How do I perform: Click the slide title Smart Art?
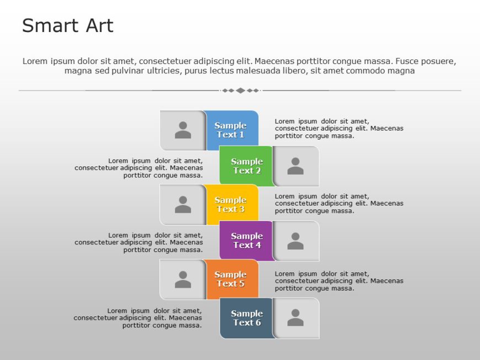click(x=67, y=26)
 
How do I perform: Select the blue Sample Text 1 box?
click(x=231, y=130)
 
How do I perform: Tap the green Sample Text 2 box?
click(x=246, y=166)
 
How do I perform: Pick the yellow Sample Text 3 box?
click(x=231, y=205)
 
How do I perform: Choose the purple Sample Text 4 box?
click(x=247, y=240)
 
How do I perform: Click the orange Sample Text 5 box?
click(x=231, y=279)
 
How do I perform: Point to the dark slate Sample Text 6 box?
click(x=247, y=318)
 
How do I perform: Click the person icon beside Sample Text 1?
click(x=183, y=130)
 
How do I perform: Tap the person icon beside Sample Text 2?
click(x=295, y=166)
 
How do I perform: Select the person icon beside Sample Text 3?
click(x=183, y=205)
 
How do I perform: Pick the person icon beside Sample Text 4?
click(x=295, y=241)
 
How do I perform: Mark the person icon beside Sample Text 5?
click(x=183, y=280)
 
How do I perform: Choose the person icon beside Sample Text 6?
click(x=295, y=318)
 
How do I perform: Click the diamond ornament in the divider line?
click(x=240, y=90)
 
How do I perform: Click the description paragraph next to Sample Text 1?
click(x=339, y=128)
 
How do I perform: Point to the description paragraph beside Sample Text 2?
click(x=139, y=168)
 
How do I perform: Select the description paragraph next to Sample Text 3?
click(x=339, y=203)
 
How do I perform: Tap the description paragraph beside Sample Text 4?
click(x=139, y=243)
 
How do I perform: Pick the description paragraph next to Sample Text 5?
click(x=339, y=281)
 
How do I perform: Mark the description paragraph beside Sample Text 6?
click(x=138, y=318)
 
